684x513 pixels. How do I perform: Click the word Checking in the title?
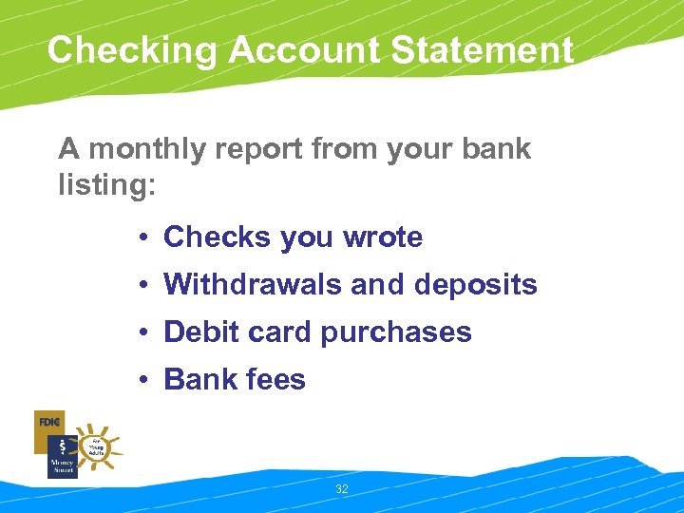pyautogui.click(x=131, y=50)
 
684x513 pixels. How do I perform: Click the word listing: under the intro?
pyautogui.click(x=106, y=184)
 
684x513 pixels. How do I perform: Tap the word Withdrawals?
pyautogui.click(x=248, y=285)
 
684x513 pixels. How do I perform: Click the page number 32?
pyautogui.click(x=342, y=489)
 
